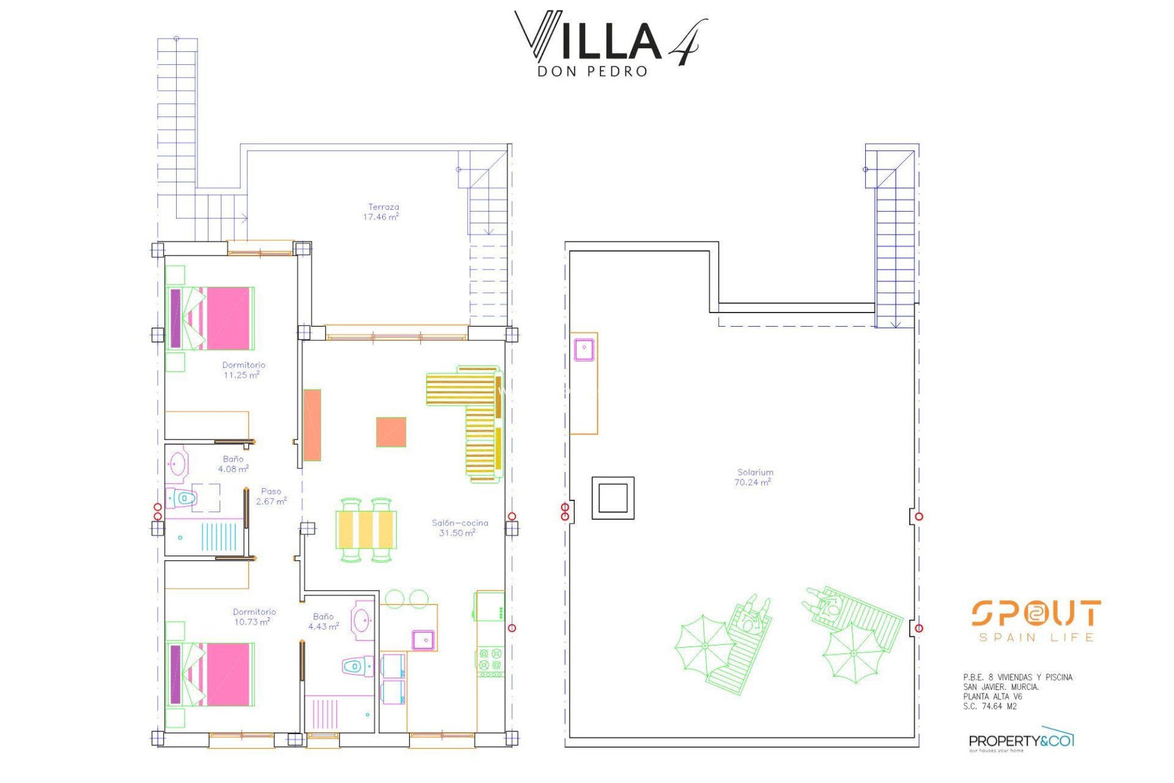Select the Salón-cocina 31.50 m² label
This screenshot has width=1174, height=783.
[459, 528]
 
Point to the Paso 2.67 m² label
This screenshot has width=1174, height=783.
[271, 496]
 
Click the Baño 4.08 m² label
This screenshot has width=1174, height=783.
[233, 464]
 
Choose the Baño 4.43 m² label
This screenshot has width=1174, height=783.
[323, 622]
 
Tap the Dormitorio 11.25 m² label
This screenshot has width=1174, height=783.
[243, 370]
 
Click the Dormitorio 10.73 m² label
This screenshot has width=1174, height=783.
[254, 617]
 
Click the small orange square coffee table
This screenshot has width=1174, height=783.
[391, 432]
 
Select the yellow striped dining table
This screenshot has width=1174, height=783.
[366, 529]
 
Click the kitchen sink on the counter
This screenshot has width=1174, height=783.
[423, 639]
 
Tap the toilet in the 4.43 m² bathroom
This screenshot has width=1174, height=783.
[357, 666]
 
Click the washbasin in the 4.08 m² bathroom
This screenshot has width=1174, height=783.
[178, 464]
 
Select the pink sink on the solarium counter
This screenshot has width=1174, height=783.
[584, 350]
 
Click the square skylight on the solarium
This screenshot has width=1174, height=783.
[613, 498]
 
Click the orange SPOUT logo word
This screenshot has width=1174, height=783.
[1036, 613]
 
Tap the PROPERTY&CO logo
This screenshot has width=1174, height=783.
[1021, 741]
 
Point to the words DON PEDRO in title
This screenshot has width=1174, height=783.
[592, 72]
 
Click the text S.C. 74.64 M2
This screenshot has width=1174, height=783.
[989, 707]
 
